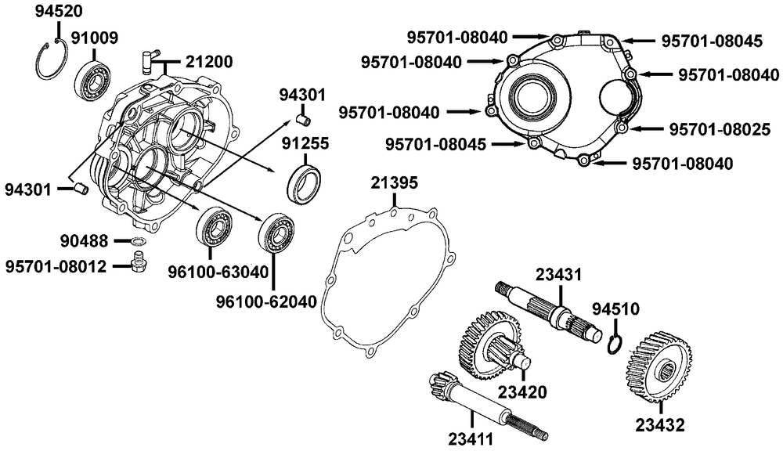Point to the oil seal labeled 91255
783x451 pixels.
305,183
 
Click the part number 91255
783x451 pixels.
305,143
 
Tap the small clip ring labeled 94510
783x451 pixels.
615,343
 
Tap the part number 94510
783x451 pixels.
615,308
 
